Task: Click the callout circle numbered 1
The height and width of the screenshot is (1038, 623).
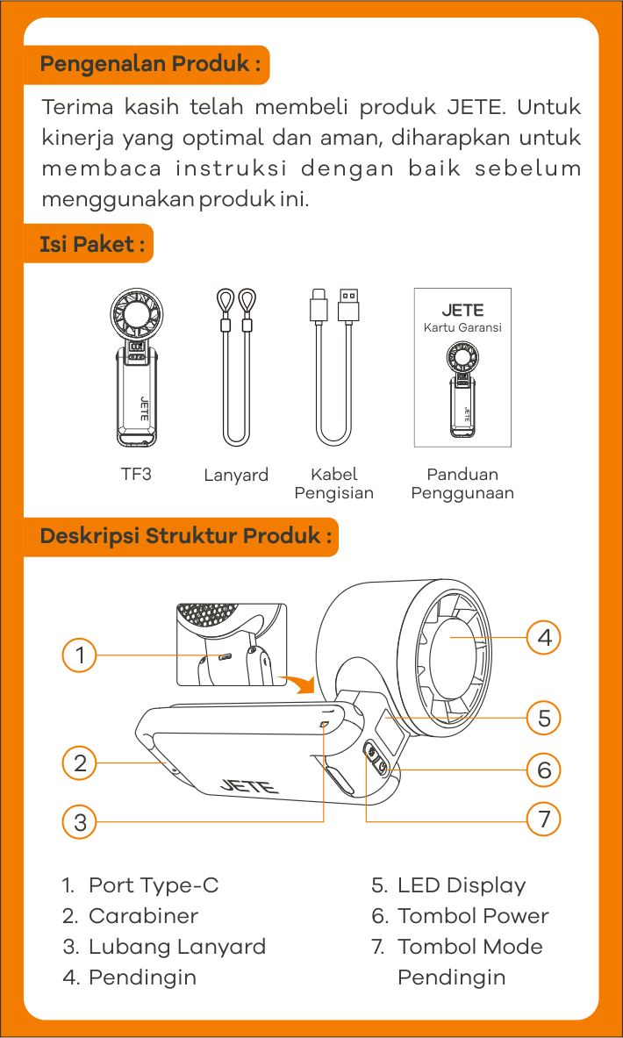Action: tap(80, 656)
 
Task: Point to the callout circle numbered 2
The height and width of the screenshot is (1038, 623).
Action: tap(80, 763)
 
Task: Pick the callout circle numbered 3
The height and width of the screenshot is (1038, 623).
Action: tap(80, 822)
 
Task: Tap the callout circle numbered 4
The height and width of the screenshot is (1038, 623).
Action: tap(544, 638)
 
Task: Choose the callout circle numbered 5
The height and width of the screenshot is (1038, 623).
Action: tap(544, 719)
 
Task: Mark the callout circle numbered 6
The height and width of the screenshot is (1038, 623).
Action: tap(544, 770)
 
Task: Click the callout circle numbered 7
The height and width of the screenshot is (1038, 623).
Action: tap(544, 820)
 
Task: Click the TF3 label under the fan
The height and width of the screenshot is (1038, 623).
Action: tap(136, 474)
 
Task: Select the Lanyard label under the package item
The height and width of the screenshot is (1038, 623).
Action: tap(236, 476)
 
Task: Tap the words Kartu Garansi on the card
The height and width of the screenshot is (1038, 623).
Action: tap(462, 327)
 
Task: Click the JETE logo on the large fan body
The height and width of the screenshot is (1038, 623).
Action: tap(249, 785)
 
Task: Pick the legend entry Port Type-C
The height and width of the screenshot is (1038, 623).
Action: tap(140, 885)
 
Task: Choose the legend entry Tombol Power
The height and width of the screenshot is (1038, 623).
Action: tap(460, 916)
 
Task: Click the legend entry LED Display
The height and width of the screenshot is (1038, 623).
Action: tap(449, 885)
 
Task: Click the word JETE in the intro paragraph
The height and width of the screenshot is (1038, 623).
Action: tap(475, 106)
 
